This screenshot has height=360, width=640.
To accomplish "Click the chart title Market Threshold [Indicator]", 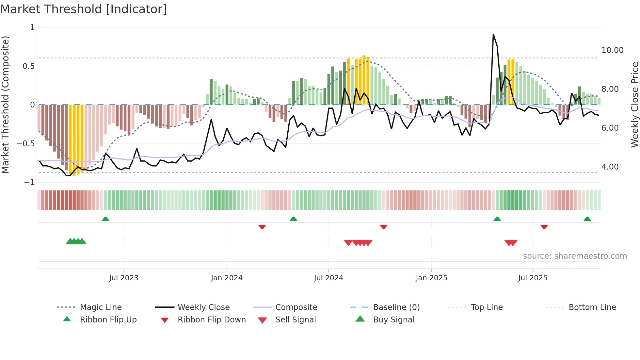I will (x=84, y=9).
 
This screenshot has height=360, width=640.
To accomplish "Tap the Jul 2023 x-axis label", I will (x=124, y=278).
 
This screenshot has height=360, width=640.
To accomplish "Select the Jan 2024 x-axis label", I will (x=227, y=278).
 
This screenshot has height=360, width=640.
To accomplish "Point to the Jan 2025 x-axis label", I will (x=431, y=278).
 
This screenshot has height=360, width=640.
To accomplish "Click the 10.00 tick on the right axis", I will (x=612, y=50).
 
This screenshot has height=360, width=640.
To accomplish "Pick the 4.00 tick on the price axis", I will (x=610, y=167).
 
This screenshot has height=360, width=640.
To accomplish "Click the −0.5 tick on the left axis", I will (x=25, y=144).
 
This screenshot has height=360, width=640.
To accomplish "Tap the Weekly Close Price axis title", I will (x=634, y=105).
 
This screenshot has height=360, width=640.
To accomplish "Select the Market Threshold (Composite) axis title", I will (x=5, y=105).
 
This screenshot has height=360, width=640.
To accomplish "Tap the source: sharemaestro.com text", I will (x=575, y=256).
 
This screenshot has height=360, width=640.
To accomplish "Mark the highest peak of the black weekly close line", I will (x=493, y=34).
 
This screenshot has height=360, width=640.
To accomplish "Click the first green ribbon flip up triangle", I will (x=105, y=219).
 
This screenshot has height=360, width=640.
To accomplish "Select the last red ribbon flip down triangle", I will (x=544, y=227).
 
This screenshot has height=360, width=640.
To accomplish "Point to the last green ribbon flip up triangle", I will (x=587, y=219).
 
